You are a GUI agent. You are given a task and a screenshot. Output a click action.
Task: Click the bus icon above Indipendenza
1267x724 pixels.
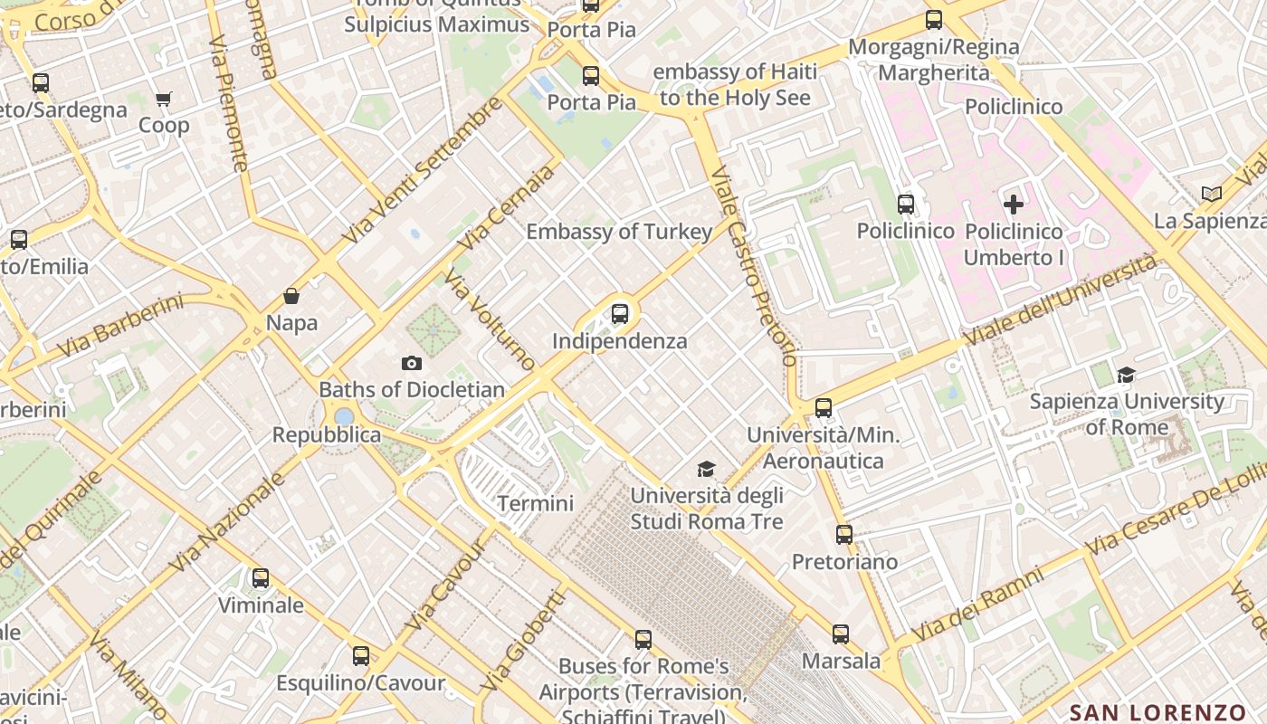click(620, 314)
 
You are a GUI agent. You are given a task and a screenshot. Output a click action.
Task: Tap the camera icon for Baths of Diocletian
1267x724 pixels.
click(412, 363)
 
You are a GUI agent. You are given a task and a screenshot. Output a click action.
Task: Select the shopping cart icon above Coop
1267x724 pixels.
click(163, 99)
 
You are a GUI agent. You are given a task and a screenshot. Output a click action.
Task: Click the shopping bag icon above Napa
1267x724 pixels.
click(291, 296)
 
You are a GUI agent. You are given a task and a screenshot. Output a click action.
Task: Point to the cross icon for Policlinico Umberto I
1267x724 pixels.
click(1014, 205)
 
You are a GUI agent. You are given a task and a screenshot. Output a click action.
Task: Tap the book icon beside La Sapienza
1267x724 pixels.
click(1212, 194)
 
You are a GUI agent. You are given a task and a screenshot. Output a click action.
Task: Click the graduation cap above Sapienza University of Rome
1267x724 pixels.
click(1126, 375)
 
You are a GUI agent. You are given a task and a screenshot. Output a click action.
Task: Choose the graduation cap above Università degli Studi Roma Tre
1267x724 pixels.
click(706, 469)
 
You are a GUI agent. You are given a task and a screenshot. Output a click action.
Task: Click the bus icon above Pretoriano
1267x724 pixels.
click(844, 535)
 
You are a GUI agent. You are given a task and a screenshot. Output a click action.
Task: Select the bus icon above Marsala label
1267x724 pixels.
click(841, 634)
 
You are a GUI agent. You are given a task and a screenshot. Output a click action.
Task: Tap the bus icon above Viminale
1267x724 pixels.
click(261, 577)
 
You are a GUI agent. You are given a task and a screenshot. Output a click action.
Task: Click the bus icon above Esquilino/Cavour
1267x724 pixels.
click(361, 656)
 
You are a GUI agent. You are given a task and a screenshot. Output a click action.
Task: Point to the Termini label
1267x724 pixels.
click(536, 503)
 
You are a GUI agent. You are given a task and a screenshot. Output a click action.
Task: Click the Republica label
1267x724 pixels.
click(327, 435)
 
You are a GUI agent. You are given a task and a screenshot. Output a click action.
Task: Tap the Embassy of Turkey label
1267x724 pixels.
click(619, 232)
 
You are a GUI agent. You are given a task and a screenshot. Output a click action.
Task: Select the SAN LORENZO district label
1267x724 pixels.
click(1157, 712)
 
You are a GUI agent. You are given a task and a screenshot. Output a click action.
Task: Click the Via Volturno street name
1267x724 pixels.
click(491, 321)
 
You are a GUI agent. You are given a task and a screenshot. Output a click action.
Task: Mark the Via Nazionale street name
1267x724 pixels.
click(227, 521)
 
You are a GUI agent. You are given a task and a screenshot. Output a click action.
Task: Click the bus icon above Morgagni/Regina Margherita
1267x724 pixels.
click(934, 20)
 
